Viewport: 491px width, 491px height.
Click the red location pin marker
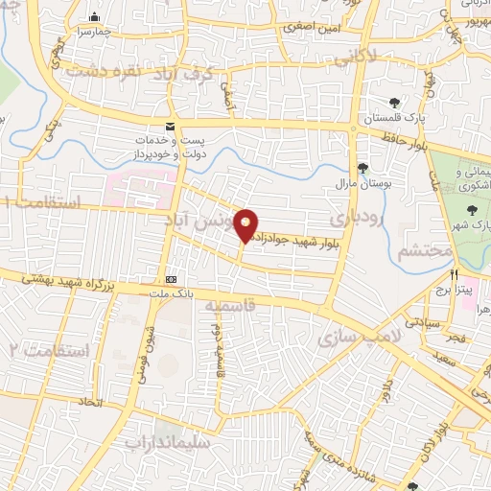click(x=245, y=225)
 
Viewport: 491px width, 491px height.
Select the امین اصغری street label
click(x=313, y=28)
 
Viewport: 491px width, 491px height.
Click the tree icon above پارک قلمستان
click(x=394, y=104)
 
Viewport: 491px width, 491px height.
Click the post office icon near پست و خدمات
click(x=171, y=127)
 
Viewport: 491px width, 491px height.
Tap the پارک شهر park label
click(x=473, y=224)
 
